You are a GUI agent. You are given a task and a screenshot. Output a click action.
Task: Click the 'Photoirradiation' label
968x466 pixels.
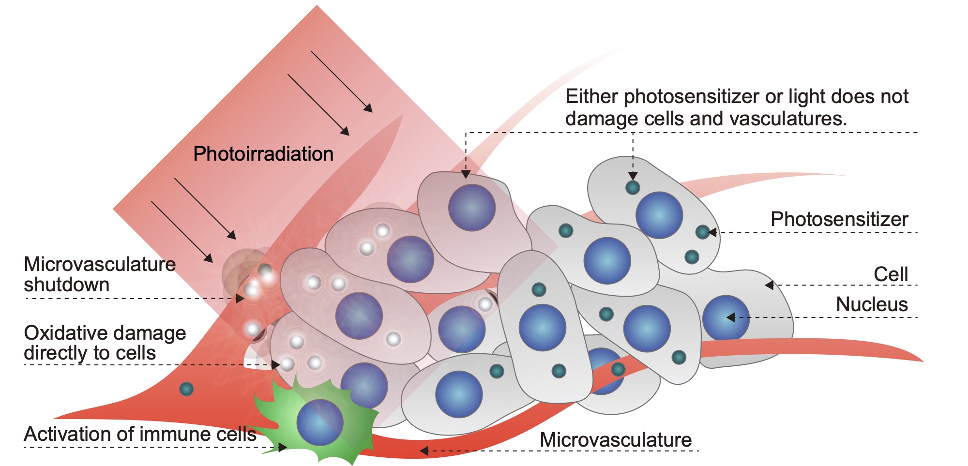point(263,154)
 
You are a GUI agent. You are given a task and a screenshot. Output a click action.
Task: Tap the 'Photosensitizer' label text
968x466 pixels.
point(839,219)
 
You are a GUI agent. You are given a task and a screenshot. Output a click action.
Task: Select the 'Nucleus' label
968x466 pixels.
point(872,304)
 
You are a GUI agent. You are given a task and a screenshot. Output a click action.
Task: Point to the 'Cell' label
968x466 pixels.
point(891,274)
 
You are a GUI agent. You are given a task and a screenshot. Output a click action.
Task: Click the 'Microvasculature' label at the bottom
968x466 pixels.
point(616,440)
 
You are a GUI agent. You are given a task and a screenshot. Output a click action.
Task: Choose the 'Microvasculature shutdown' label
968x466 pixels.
point(99,274)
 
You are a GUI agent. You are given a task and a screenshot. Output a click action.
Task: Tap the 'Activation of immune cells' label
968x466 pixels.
point(140,434)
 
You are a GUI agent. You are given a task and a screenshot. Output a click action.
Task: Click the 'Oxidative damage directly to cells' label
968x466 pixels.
point(105,343)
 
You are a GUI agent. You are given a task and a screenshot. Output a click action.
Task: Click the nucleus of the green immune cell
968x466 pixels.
point(320,422)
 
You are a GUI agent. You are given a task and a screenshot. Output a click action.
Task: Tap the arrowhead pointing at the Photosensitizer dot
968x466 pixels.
point(712,233)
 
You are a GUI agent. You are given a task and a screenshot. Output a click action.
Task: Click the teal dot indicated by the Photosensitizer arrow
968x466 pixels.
point(702,232)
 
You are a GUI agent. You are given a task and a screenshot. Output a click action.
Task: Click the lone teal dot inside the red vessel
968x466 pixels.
point(186,389)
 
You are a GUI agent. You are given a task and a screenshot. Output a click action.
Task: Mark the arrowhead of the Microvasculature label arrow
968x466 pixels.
point(424,451)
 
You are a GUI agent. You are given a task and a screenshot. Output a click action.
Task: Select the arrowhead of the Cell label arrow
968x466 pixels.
point(769,286)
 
